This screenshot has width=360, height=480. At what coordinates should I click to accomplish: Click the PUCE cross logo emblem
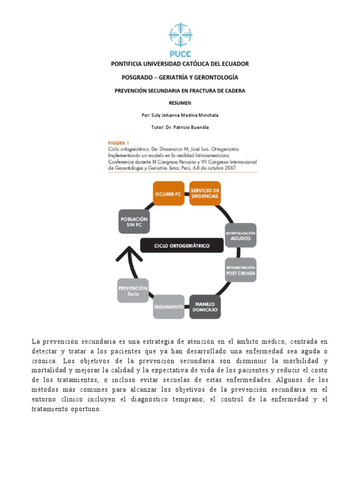click(180, 35)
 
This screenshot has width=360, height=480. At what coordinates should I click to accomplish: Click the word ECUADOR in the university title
click(232, 63)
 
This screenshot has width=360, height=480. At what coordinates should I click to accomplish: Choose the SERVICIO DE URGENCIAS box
click(205, 193)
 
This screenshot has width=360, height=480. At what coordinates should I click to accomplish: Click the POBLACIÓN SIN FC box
click(134, 222)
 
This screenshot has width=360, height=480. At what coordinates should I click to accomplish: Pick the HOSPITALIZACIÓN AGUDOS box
click(240, 235)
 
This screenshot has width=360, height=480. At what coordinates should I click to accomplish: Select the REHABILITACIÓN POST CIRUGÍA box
click(240, 270)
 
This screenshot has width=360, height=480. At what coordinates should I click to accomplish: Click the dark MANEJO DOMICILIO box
click(205, 307)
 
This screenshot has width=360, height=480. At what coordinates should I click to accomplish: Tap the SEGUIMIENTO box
click(169, 307)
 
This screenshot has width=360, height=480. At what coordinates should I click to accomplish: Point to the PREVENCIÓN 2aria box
click(133, 291)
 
